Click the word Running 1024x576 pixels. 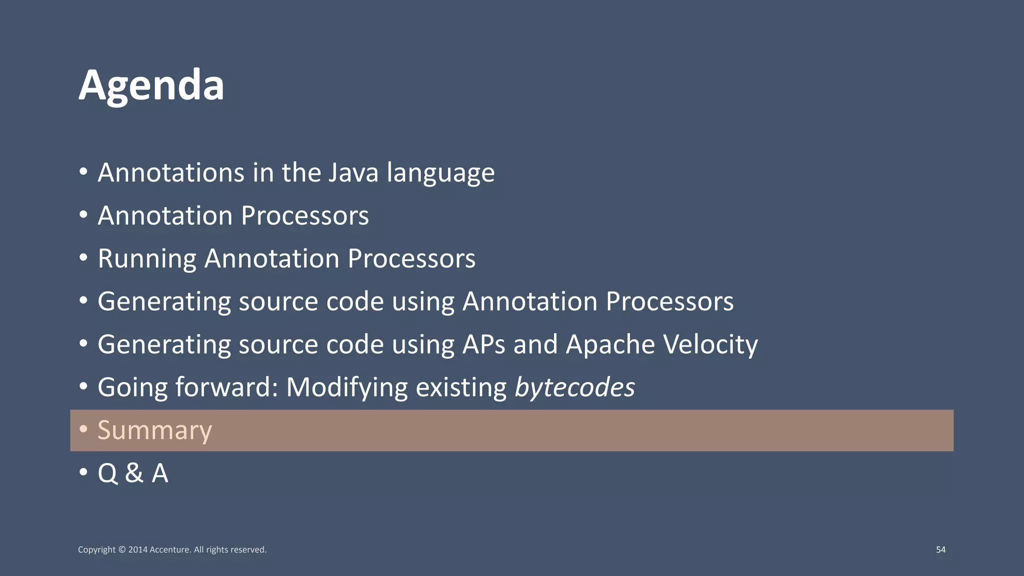tap(147, 259)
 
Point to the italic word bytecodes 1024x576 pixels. tap(574, 387)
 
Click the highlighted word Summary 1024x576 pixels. tap(154, 430)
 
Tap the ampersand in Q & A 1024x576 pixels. tap(134, 473)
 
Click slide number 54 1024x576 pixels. tap(940, 549)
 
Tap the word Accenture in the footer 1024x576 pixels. tap(170, 549)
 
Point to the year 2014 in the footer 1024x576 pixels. tap(138, 549)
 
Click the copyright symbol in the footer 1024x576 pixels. tap(122, 549)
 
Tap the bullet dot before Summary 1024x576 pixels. tap(83, 429)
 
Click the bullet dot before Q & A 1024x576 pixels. tap(83, 472)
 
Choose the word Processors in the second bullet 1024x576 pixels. tap(304, 216)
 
